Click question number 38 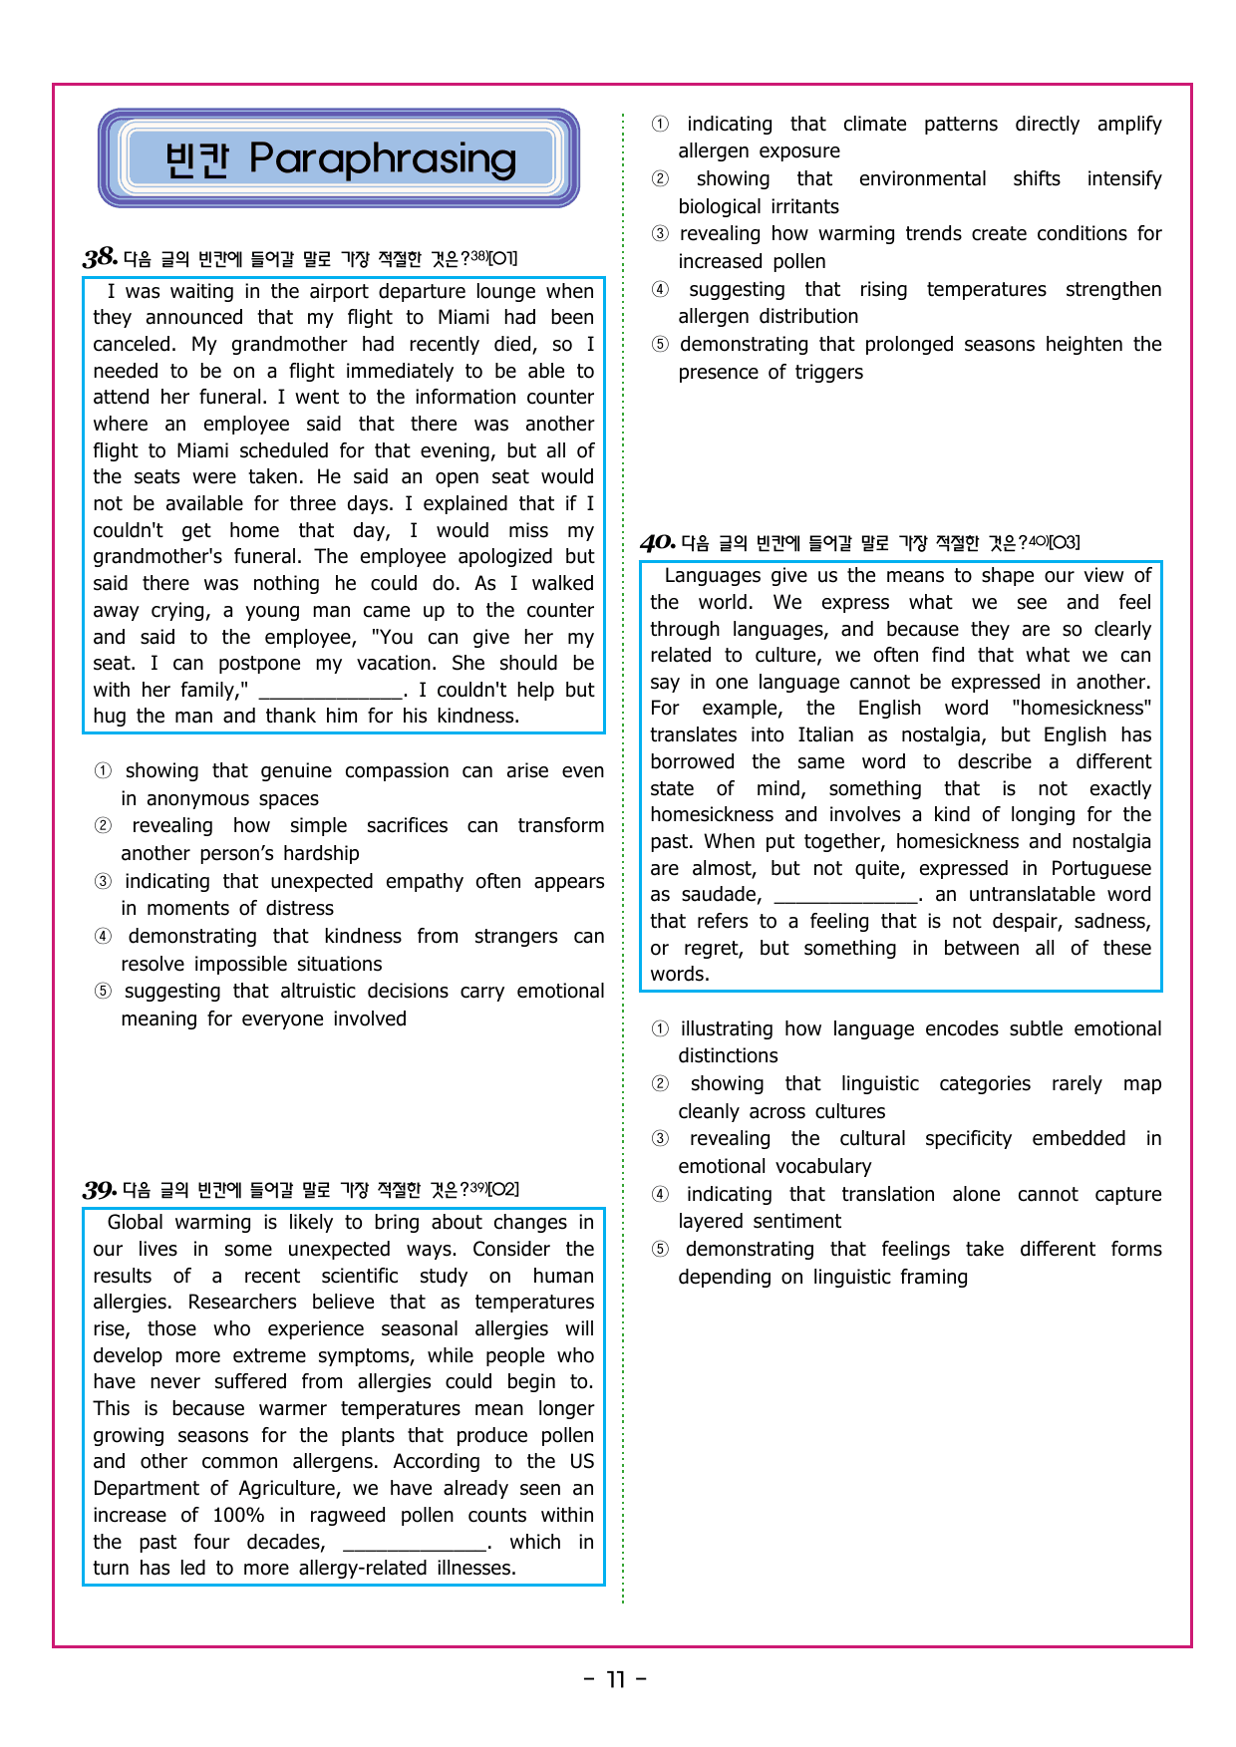click(x=100, y=258)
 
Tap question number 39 click(x=100, y=1189)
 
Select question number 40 click(x=657, y=542)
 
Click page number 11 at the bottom click(x=616, y=1679)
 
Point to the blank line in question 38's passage click(x=330, y=691)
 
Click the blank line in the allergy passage click(x=415, y=1543)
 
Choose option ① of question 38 click(x=103, y=771)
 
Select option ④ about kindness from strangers click(x=103, y=937)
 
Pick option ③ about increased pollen click(x=660, y=234)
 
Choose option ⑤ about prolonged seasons click(x=660, y=345)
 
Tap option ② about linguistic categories click(x=660, y=1084)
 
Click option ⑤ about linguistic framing click(x=660, y=1250)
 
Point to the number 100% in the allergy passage click(x=238, y=1516)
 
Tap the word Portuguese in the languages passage click(x=1099, y=869)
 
